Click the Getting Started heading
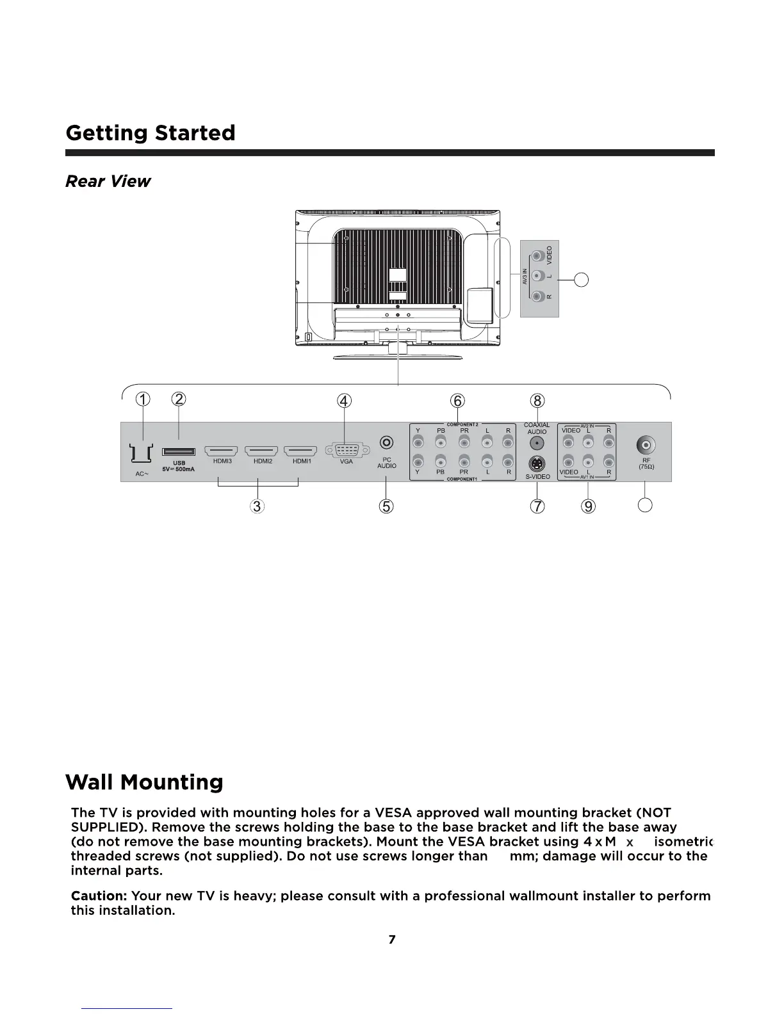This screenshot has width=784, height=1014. (x=151, y=133)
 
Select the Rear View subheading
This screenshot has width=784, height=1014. (x=108, y=181)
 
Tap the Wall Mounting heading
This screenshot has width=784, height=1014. (x=144, y=782)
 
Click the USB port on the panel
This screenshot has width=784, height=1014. (x=179, y=453)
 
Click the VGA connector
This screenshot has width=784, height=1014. (x=346, y=451)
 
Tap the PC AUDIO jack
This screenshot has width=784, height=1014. (x=387, y=442)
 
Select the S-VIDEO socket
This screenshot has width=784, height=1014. (x=537, y=464)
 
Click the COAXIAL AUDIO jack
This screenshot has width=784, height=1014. (x=537, y=443)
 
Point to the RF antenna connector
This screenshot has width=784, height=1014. (x=646, y=445)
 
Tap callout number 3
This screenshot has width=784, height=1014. (x=257, y=506)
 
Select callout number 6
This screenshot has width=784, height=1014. (x=457, y=401)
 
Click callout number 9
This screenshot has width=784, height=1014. (x=588, y=506)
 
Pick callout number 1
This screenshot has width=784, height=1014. (x=143, y=399)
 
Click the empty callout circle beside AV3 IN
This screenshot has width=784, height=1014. (x=581, y=279)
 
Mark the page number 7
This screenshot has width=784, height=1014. (x=392, y=939)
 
